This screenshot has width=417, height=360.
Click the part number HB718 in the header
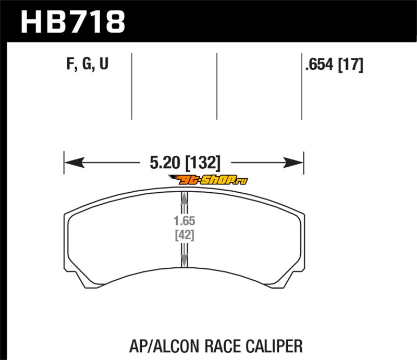73,21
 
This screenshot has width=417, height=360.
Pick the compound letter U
104,64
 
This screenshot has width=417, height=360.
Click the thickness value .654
319,65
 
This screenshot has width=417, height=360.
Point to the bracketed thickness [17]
350,65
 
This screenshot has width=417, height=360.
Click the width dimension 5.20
165,163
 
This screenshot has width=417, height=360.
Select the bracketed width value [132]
203,163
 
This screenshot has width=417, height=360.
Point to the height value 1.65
185,221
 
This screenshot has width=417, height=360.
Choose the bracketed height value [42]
185,235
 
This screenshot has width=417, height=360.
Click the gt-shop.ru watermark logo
208,180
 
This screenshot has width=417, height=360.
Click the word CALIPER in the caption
274,346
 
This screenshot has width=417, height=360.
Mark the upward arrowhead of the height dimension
185,198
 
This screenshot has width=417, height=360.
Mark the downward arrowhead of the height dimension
185,260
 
